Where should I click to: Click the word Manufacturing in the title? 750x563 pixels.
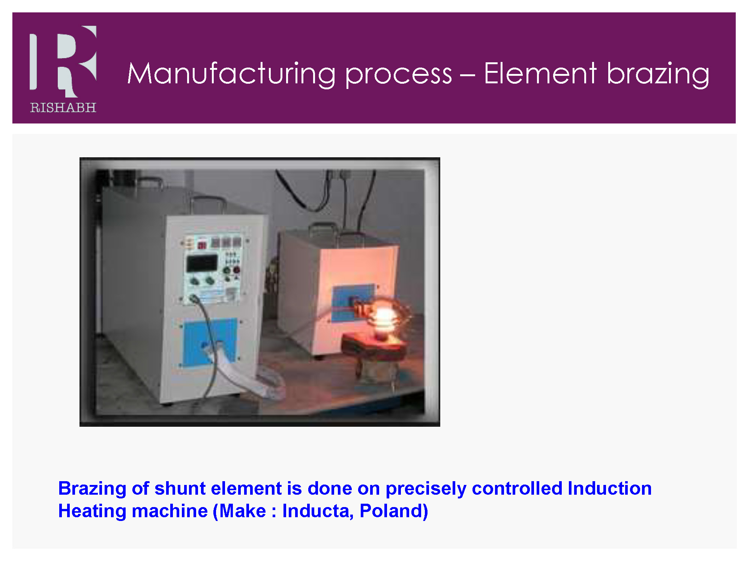point(231,74)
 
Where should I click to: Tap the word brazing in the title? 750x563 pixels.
point(658,74)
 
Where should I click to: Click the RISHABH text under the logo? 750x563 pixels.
point(63,108)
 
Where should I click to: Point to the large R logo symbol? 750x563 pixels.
point(63,61)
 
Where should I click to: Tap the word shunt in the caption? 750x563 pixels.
point(180,488)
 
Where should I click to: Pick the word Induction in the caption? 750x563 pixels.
point(610,488)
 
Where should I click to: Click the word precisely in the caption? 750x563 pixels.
point(426,489)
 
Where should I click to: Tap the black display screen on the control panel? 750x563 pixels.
point(202,263)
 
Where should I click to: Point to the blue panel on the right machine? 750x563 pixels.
point(352,303)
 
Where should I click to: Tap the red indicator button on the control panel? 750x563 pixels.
point(237,269)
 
